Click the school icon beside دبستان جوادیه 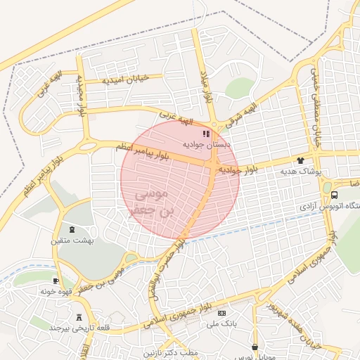pos(206,134)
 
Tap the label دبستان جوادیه pos(203,144)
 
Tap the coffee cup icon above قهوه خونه pos(56,281)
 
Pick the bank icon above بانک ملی pos(223,313)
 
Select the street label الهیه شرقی pos(242,110)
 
